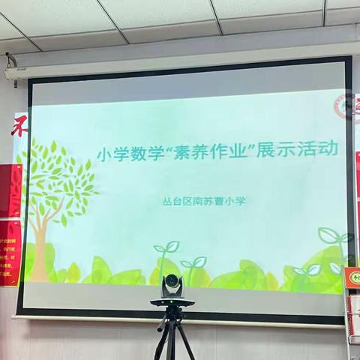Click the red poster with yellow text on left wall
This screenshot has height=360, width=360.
[10, 251]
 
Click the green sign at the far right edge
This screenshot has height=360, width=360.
[352, 277]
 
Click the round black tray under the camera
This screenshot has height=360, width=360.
[172, 301]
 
